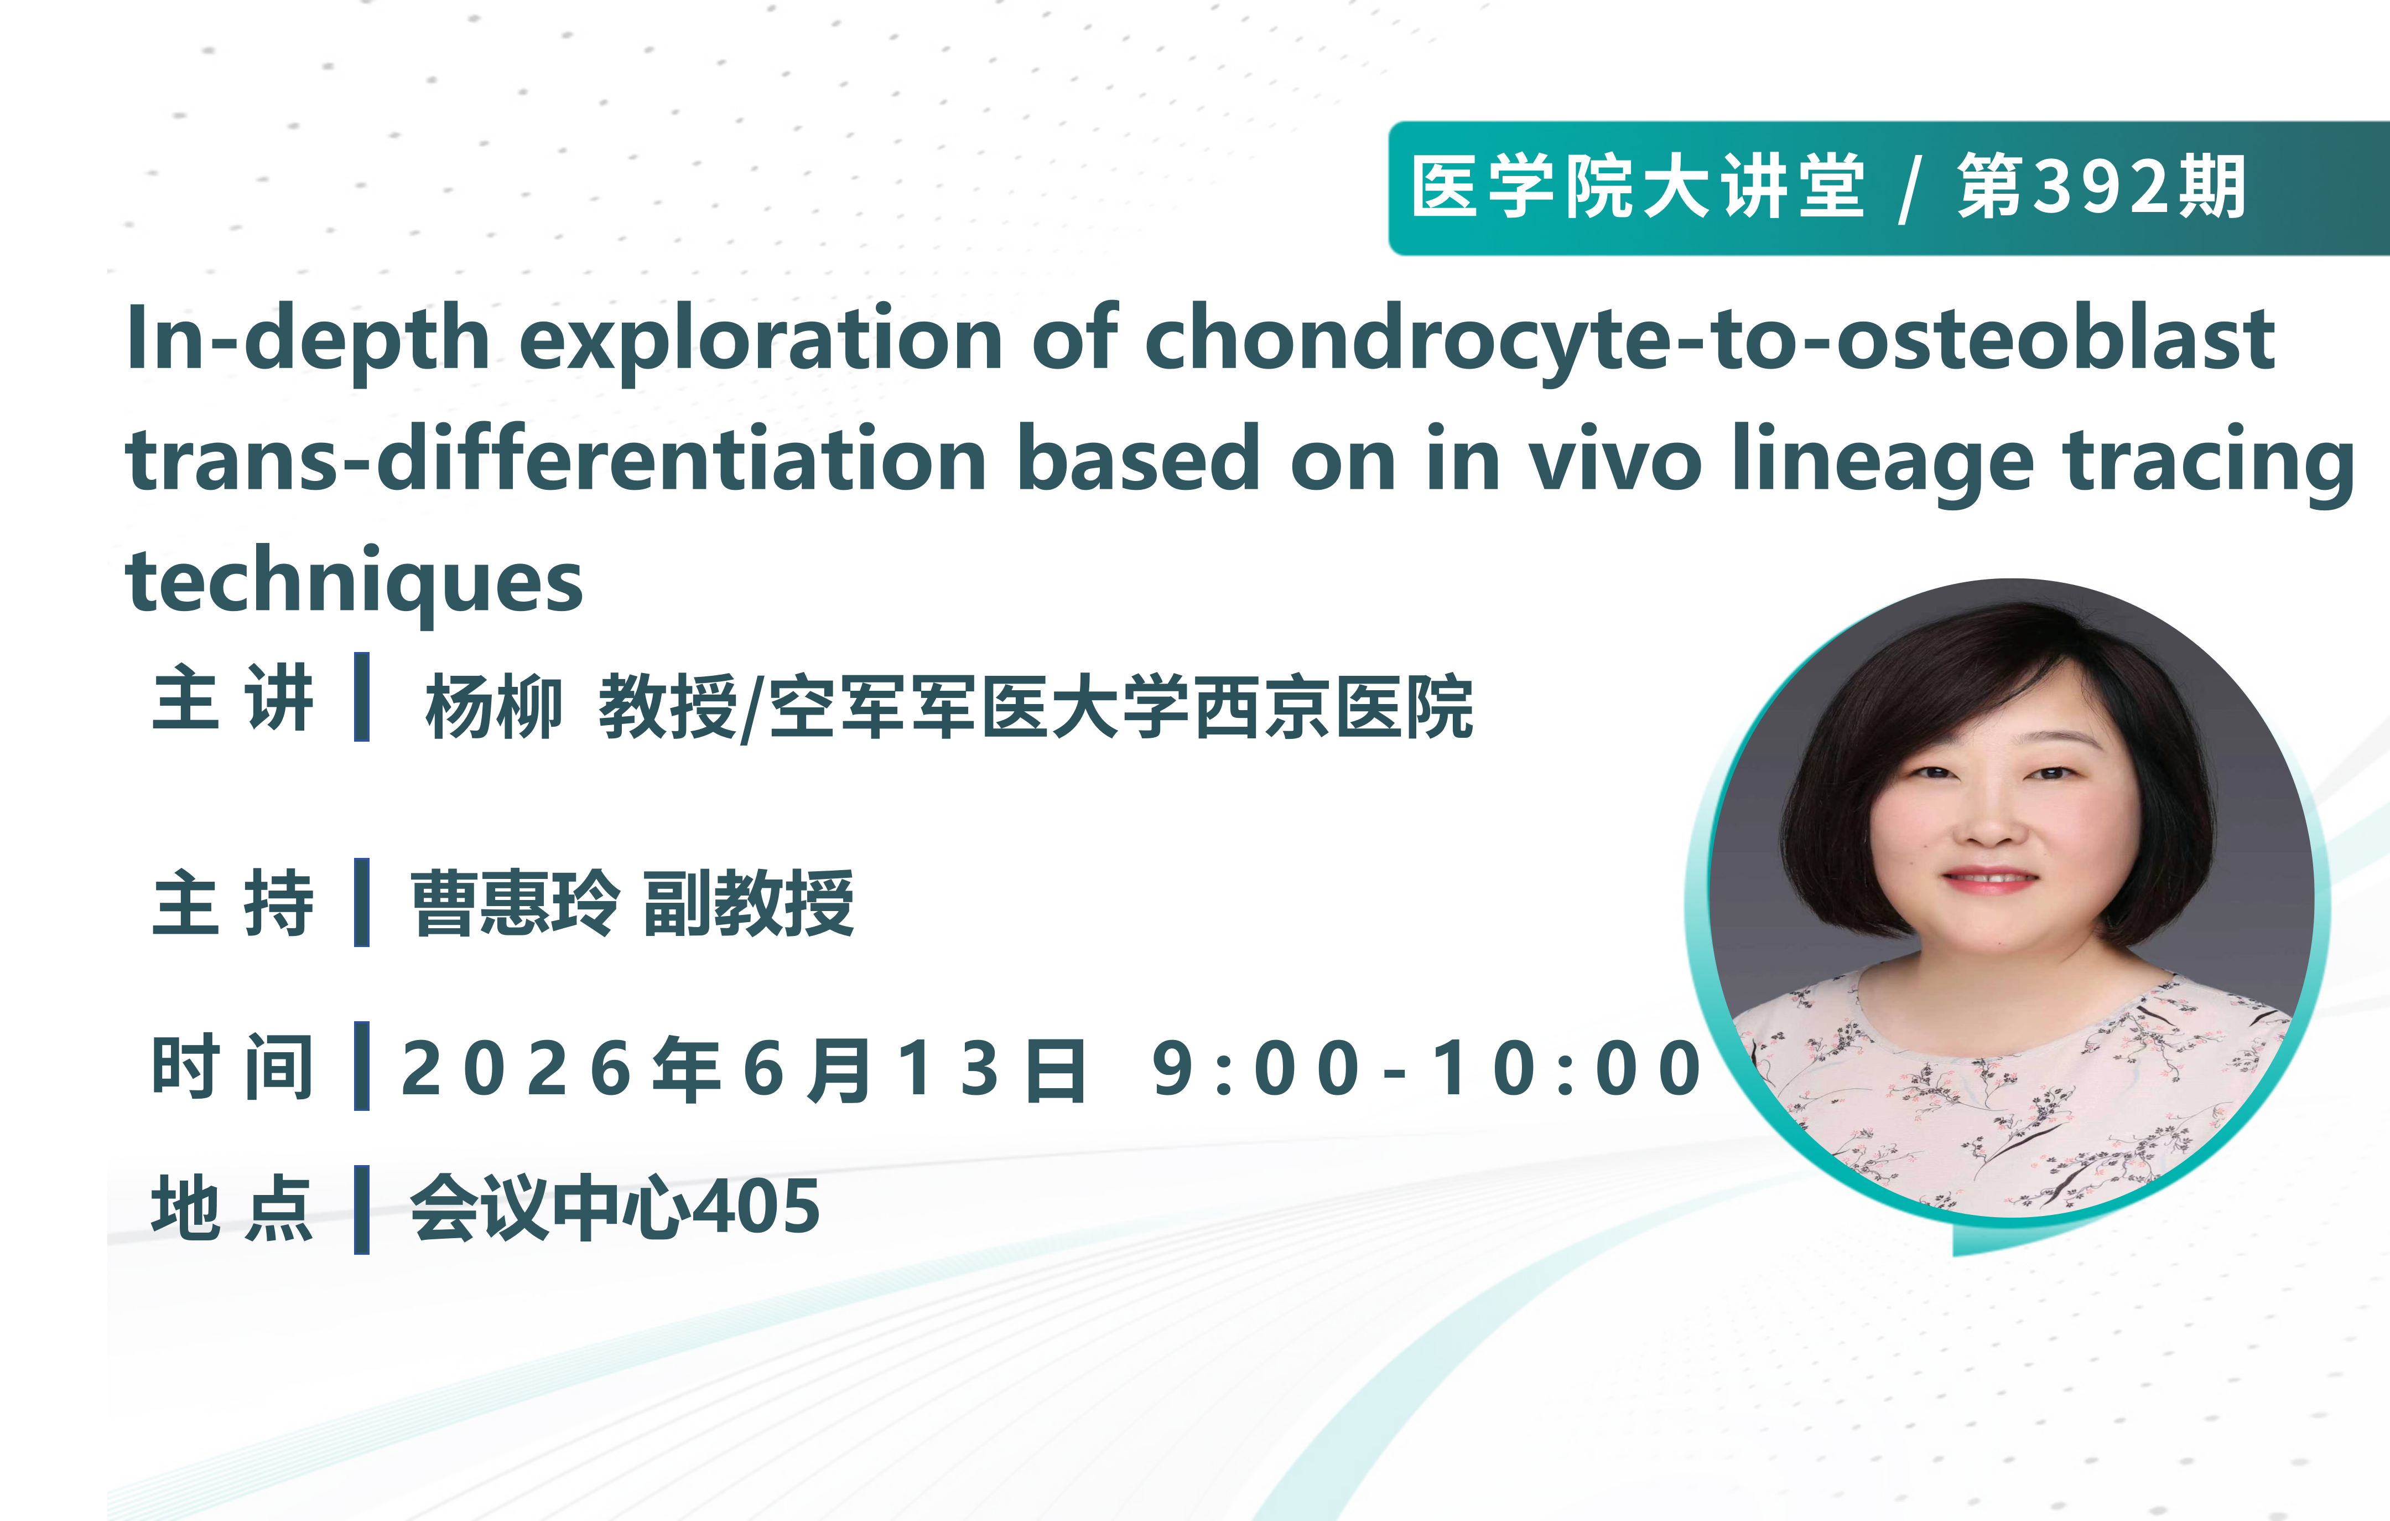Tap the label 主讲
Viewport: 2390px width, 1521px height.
(233, 698)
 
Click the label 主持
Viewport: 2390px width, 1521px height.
(233, 903)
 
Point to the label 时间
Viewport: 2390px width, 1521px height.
(233, 1067)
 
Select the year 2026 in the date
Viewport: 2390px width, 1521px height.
(516, 1069)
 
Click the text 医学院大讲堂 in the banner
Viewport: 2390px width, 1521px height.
(1639, 187)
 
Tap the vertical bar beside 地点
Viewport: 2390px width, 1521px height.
(362, 1209)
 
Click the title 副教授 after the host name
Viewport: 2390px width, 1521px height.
(749, 903)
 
